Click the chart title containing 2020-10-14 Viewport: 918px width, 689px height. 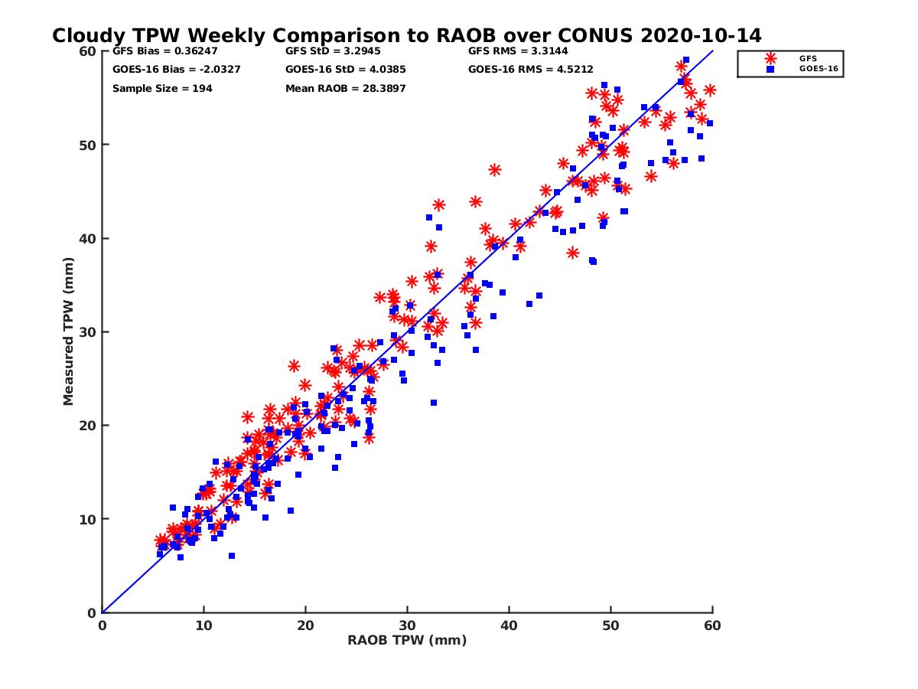coord(406,35)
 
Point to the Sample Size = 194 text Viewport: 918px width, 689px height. coord(162,89)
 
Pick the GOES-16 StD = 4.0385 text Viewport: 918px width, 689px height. coord(345,70)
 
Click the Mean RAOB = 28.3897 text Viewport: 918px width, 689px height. coord(345,89)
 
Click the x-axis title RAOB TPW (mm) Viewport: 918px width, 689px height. coord(407,641)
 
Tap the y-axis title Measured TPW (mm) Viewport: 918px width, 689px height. coord(69,331)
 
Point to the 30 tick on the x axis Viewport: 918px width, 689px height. coord(408,625)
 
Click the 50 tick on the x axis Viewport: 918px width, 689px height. coord(611,625)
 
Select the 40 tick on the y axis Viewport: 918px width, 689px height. coord(89,239)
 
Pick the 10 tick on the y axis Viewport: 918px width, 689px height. coord(89,519)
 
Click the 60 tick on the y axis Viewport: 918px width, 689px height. coord(89,51)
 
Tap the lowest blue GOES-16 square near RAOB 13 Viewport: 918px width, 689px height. coord(232,556)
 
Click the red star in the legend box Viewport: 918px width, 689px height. coord(770,58)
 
